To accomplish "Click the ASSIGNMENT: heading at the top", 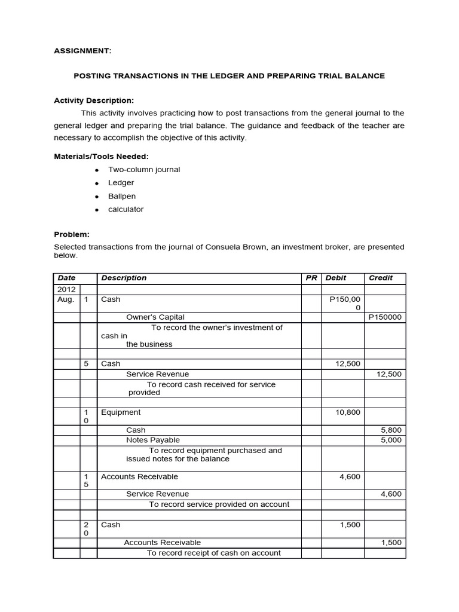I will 82,51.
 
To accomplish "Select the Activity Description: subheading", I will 94,100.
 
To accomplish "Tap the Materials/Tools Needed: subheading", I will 100,156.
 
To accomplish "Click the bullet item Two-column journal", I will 143,169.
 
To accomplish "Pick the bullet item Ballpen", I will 122,196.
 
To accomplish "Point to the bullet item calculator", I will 126,209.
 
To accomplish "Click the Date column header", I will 64,278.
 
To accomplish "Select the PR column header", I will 311,278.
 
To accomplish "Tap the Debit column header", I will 336,278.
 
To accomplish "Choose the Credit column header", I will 381,278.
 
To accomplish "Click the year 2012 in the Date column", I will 66,289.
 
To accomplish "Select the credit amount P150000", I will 385,317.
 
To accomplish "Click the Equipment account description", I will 121,412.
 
